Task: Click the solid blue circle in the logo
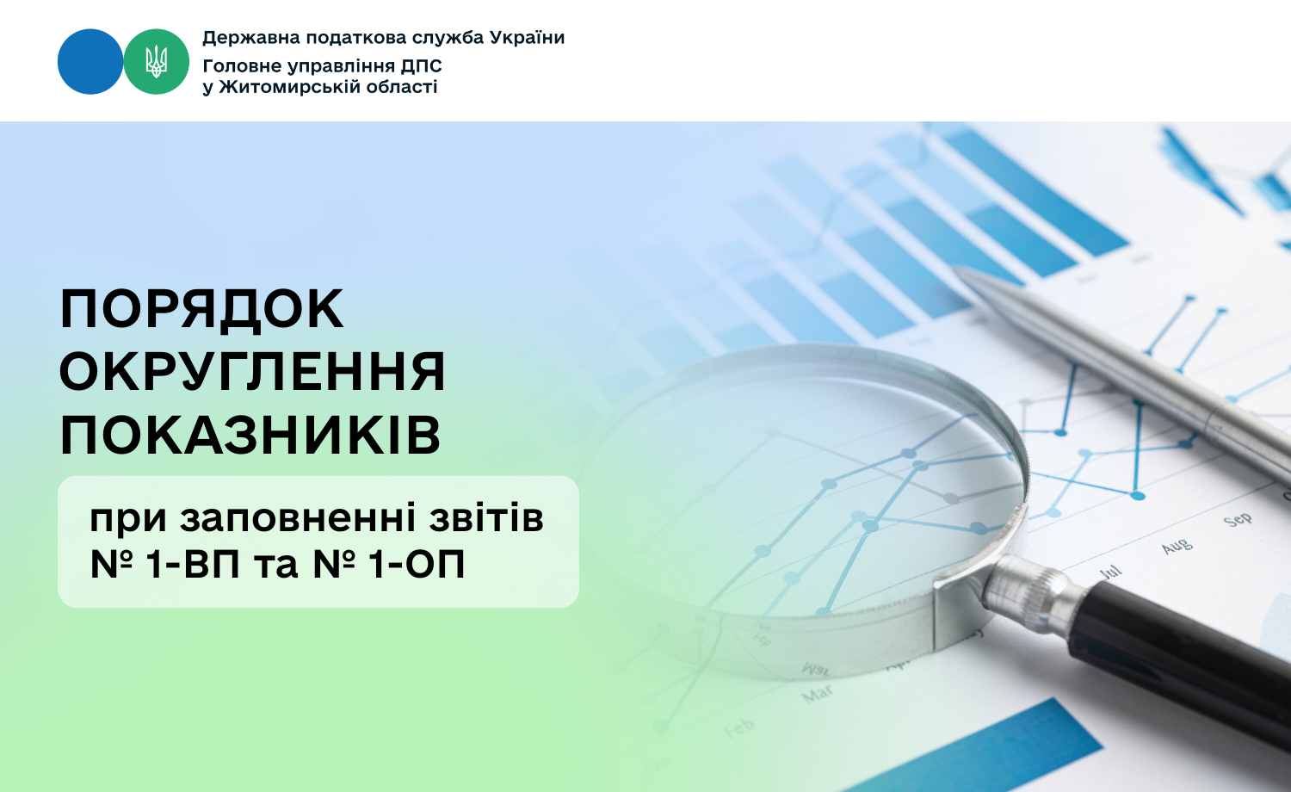[x=90, y=62]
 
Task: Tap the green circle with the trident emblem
[x=156, y=62]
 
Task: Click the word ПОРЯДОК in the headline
[x=201, y=310]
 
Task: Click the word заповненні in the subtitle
[x=298, y=518]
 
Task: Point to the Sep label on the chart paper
[x=1238, y=521]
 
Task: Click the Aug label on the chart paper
[x=1177, y=546]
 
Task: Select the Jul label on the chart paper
[x=1110, y=572]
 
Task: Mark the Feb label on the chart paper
[x=738, y=727]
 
